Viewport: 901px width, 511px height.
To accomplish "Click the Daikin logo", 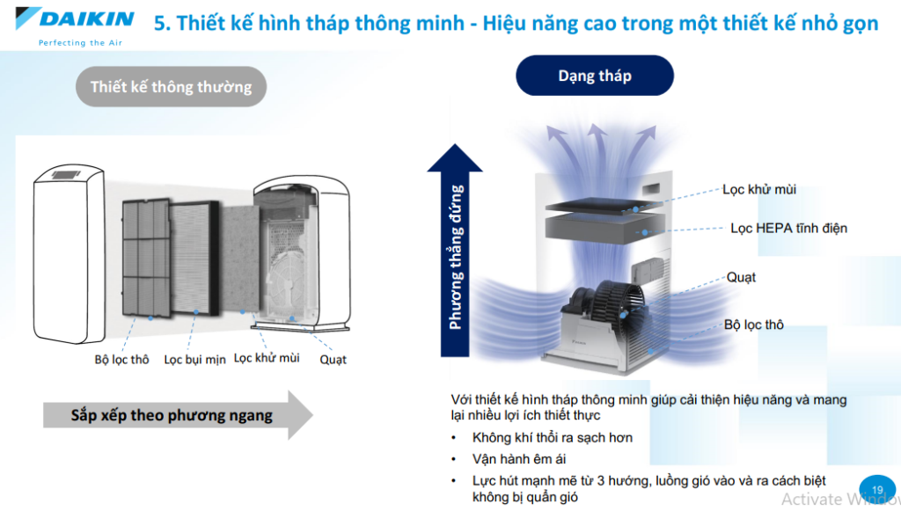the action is pyautogui.click(x=75, y=19).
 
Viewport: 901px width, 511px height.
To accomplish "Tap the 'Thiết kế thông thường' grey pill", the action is pyautogui.click(x=171, y=87).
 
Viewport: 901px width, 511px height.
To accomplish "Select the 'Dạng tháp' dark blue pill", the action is pyautogui.click(x=595, y=76).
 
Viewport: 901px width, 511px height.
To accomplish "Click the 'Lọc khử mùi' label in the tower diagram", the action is pyautogui.click(x=759, y=189).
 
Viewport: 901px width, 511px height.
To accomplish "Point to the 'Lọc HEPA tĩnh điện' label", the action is pyautogui.click(x=788, y=228).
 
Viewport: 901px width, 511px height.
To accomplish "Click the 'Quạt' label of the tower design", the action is pyautogui.click(x=741, y=277).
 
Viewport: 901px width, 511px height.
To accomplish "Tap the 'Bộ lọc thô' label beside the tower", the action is pyautogui.click(x=754, y=325).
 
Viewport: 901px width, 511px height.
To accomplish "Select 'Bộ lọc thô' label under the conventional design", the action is pyautogui.click(x=121, y=360).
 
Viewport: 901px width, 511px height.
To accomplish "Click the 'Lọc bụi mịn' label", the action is pyautogui.click(x=194, y=360).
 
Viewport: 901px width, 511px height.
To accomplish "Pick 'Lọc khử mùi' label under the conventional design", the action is pyautogui.click(x=267, y=358).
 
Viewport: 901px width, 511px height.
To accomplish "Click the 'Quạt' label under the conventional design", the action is pyautogui.click(x=333, y=360).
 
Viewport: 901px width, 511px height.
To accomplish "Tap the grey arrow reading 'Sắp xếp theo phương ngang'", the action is pyautogui.click(x=178, y=415).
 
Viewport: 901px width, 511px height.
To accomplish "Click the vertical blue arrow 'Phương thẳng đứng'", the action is pyautogui.click(x=455, y=251).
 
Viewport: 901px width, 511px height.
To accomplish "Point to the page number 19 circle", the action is pyautogui.click(x=877, y=490).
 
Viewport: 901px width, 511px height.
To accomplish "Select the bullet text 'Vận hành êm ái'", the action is pyautogui.click(x=519, y=459).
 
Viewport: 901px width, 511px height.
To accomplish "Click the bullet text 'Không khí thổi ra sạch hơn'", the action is pyautogui.click(x=553, y=437).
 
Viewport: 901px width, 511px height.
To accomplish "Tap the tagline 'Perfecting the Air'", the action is pyautogui.click(x=80, y=42).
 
